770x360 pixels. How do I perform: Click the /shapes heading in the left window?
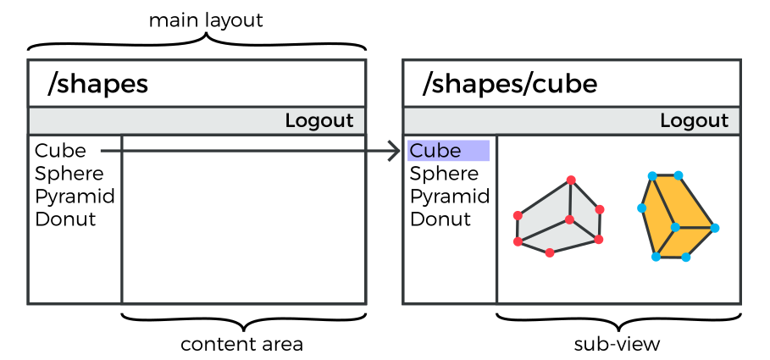[x=98, y=84]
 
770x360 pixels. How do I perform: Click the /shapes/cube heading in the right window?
[x=510, y=84]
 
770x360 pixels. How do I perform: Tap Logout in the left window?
[x=319, y=121]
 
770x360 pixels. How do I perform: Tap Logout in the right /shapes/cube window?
[x=694, y=121]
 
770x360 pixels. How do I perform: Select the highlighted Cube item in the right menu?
[x=435, y=151]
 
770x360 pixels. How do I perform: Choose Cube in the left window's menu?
[x=60, y=151]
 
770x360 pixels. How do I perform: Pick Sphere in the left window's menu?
[x=69, y=174]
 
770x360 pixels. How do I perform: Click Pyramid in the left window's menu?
[x=75, y=197]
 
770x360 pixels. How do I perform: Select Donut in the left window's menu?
[x=65, y=219]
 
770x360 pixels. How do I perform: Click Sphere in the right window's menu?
[x=444, y=174]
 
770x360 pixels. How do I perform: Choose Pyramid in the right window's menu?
[x=450, y=197]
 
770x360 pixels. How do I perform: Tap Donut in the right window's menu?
[x=440, y=219]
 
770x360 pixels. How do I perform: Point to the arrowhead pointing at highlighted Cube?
[x=393, y=152]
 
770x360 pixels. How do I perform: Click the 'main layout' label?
[x=206, y=20]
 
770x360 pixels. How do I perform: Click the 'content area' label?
[x=241, y=345]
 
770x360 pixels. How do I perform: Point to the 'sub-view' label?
[x=617, y=345]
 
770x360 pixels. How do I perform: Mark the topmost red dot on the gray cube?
[x=571, y=180]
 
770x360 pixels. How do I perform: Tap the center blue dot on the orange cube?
[x=675, y=227]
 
